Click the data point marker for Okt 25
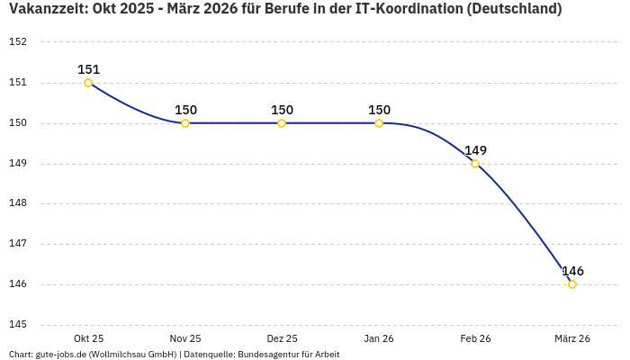(x=88, y=83)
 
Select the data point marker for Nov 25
(x=185, y=123)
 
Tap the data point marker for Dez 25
(x=282, y=123)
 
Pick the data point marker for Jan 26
(x=379, y=123)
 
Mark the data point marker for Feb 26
(x=475, y=164)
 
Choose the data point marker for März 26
(x=572, y=284)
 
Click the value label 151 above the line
(x=88, y=69)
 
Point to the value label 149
(x=475, y=150)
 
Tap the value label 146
(x=572, y=271)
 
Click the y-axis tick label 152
(x=18, y=42)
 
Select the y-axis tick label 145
(x=18, y=325)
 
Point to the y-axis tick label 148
(x=18, y=203)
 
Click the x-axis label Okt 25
(x=88, y=338)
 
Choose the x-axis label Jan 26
(x=379, y=338)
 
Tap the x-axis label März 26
(x=572, y=338)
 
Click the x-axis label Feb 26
(x=475, y=338)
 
